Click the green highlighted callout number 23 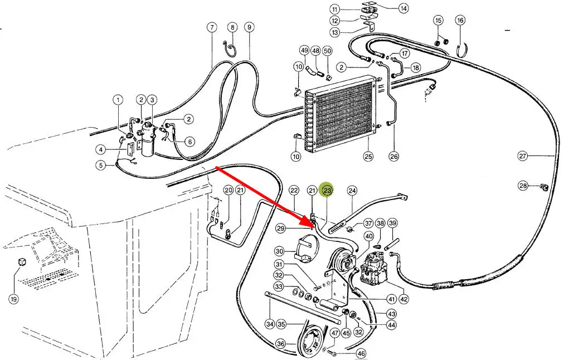click(328, 191)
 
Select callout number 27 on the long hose click(522, 156)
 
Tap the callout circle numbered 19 click(13, 299)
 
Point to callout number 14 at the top click(403, 8)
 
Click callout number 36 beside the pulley click(281, 344)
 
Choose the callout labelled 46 click(361, 353)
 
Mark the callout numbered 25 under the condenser click(368, 156)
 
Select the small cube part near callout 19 click(23, 262)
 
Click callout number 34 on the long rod click(270, 324)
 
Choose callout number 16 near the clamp click(460, 21)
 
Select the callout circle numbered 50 click(328, 51)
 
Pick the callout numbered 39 click(392, 223)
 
